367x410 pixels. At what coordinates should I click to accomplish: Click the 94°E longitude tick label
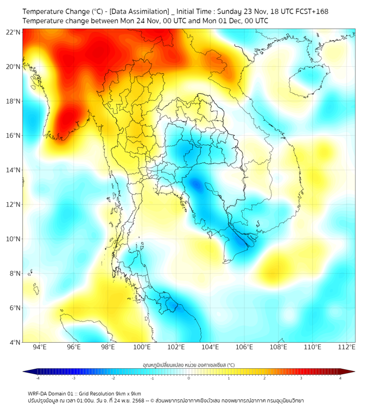pyautogui.click(x=40, y=347)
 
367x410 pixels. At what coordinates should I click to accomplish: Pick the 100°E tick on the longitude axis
pyautogui.click(x=142, y=347)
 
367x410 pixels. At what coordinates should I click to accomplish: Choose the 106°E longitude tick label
pyautogui.click(x=244, y=347)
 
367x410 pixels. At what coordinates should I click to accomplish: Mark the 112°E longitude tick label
pyautogui.click(x=346, y=347)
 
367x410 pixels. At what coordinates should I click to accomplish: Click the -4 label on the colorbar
pyautogui.click(x=37, y=378)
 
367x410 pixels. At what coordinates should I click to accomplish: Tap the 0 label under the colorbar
pyautogui.click(x=189, y=378)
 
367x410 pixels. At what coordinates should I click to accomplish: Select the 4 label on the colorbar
pyautogui.click(x=340, y=378)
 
